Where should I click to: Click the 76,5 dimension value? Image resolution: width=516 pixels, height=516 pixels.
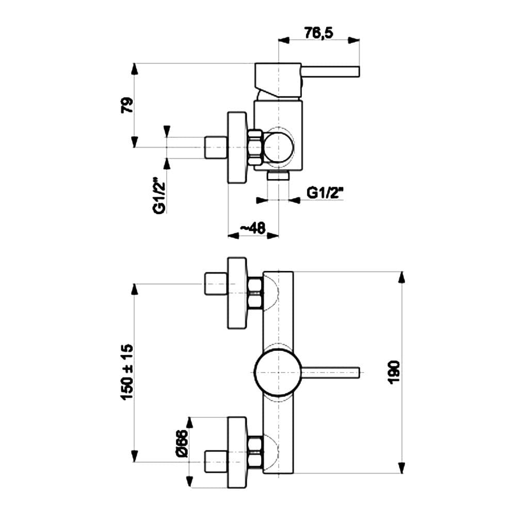[318, 33]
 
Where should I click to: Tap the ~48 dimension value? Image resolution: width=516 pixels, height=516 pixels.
[252, 228]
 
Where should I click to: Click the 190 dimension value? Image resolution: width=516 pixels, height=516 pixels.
[394, 372]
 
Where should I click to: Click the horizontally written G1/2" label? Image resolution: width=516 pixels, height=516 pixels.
[325, 193]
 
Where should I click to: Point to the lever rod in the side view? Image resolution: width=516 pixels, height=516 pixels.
[330, 72]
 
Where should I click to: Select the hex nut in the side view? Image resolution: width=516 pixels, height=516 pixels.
[256, 148]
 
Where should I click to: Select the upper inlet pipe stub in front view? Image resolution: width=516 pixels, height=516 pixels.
[216, 284]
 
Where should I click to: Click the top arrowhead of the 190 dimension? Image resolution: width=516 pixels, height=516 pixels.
[401, 277]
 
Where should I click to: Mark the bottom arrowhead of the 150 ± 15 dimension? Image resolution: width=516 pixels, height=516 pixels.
[135, 456]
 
